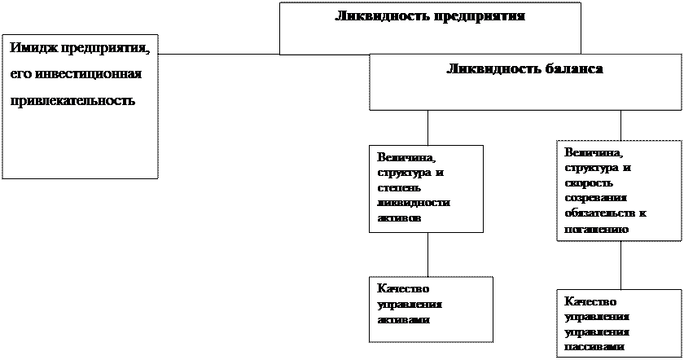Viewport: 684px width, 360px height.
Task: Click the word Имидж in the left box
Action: (31, 48)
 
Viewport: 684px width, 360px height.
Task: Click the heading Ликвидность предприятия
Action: (429, 16)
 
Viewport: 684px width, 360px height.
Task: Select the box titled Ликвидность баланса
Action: (524, 82)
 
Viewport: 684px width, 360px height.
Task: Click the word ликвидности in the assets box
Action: (414, 204)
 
